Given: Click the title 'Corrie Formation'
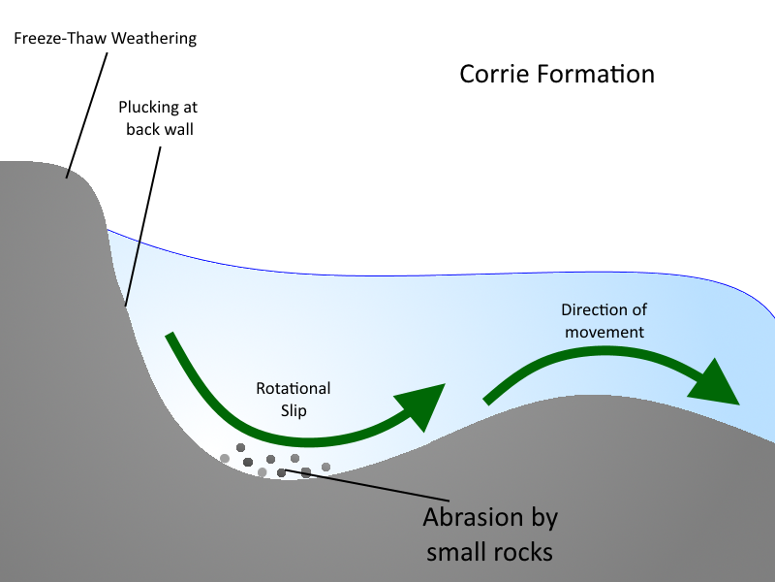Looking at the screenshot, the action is tap(557, 75).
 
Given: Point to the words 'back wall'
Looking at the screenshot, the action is tap(160, 129).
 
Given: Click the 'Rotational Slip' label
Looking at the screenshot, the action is tap(294, 400).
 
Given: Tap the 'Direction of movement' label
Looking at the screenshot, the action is tap(604, 321).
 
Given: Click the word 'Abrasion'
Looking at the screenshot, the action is tap(473, 517).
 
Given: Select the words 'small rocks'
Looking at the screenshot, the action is tap(489, 552).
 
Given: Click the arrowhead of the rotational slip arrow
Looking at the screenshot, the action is tap(424, 404).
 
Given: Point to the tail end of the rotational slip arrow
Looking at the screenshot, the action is tap(170, 337).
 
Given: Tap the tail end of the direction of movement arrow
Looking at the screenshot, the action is tap(486, 401).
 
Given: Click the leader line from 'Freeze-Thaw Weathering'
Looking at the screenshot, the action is tap(86, 115).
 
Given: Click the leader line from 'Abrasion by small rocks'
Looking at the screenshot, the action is tap(367, 485).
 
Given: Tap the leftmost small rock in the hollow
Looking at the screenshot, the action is tap(225, 458).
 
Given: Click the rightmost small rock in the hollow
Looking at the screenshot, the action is tap(325, 467).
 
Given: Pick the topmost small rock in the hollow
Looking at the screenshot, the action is tap(240, 447).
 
